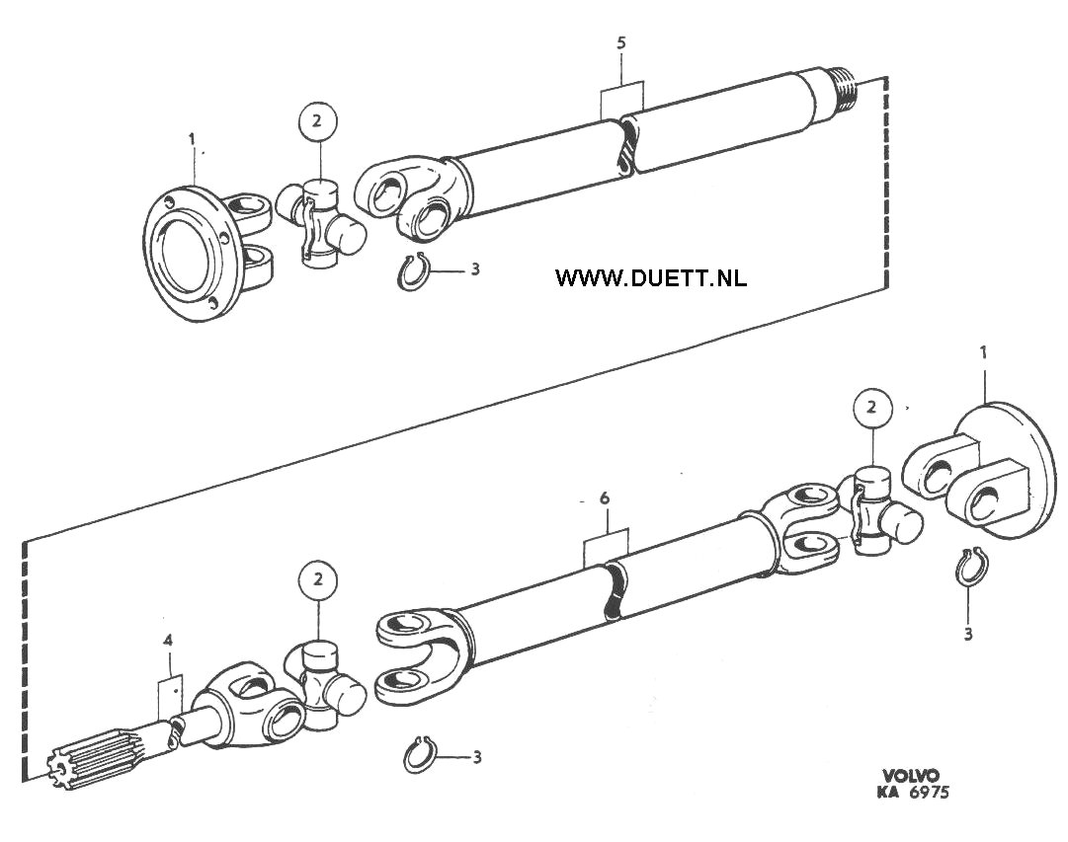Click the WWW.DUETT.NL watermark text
(x=650, y=277)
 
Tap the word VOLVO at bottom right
(x=911, y=776)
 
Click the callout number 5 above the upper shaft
(x=620, y=42)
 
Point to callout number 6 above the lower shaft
(x=605, y=498)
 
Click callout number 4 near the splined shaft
(x=168, y=641)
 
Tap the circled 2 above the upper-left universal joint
(x=317, y=122)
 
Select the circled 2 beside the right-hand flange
(x=871, y=409)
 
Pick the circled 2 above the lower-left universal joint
(x=317, y=582)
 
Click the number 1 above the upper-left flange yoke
(x=192, y=139)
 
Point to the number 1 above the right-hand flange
(x=984, y=354)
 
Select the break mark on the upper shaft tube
(x=627, y=145)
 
